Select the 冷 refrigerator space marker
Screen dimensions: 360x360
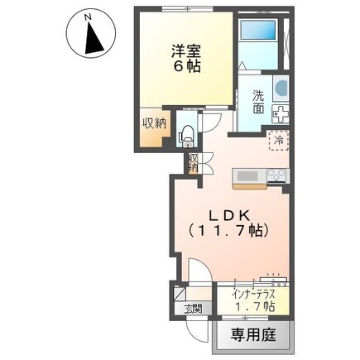pos(277,140)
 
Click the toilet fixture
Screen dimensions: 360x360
pos(187,132)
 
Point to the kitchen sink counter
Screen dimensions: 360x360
pos(247,175)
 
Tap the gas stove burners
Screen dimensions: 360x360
pos(276,175)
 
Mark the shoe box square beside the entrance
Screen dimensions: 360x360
pos(180,291)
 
